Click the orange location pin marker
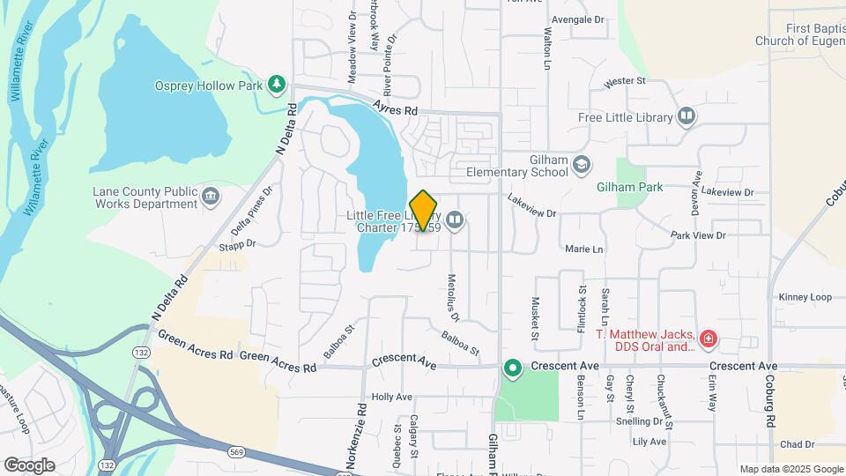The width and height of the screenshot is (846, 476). tap(424, 211)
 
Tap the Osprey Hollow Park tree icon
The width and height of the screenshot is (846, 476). tap(278, 84)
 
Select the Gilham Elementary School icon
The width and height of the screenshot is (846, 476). tap(581, 164)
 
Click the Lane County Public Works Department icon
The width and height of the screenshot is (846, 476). tap(211, 195)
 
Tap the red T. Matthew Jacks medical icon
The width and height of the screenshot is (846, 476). tap(709, 338)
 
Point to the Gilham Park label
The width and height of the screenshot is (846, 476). tap(629, 187)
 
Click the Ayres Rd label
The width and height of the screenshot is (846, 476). tap(394, 108)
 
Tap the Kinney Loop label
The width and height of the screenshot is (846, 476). tap(805, 297)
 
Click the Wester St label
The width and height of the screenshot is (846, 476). tap(625, 81)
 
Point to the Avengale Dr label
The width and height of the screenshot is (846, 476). tap(577, 19)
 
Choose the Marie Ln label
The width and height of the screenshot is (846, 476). tap(584, 249)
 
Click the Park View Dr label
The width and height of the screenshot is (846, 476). tap(697, 235)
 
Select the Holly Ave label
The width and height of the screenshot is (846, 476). tap(391, 397)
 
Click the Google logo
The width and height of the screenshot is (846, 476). tap(29, 465)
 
